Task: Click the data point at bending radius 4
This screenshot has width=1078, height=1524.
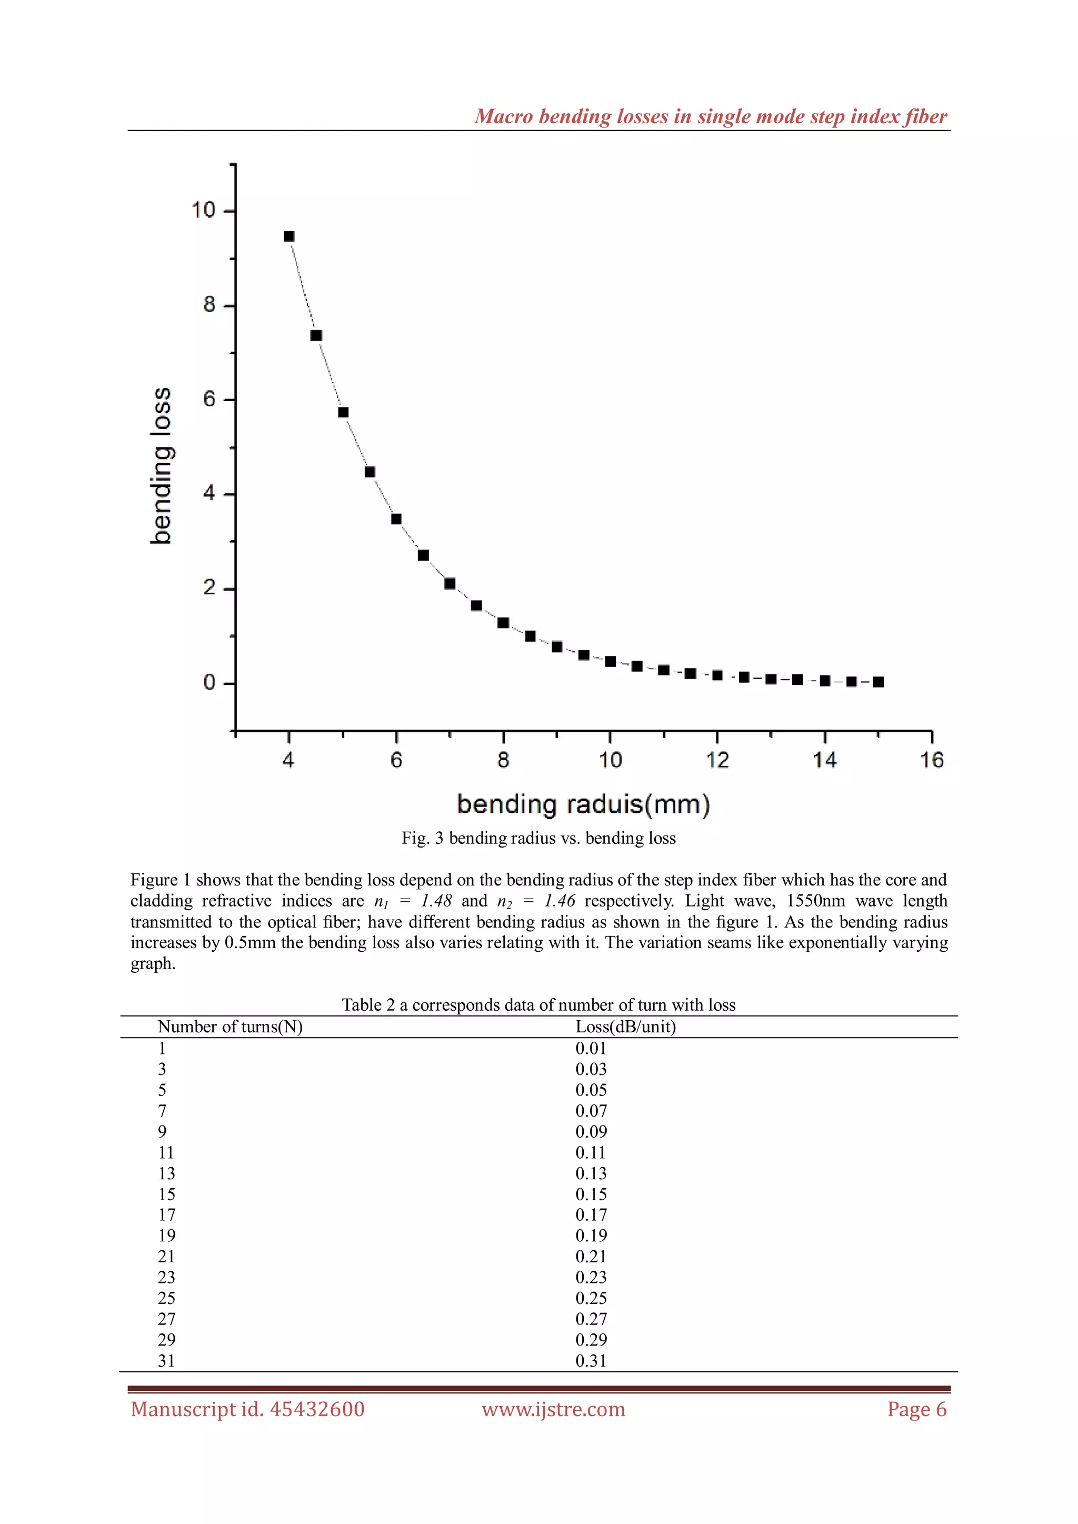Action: click(289, 236)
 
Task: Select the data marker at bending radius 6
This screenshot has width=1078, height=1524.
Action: click(396, 519)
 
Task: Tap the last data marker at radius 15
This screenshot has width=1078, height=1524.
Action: click(878, 682)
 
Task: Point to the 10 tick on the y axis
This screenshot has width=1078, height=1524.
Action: click(204, 211)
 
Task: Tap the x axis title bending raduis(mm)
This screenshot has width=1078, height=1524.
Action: click(583, 804)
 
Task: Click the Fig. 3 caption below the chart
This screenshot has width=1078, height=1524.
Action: click(538, 839)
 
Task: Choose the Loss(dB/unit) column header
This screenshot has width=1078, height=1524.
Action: click(625, 1027)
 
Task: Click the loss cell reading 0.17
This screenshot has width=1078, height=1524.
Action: click(591, 1214)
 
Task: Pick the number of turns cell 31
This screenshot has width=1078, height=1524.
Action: click(167, 1361)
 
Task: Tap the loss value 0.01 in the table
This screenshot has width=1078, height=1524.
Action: click(591, 1048)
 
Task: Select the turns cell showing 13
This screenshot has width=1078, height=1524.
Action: click(167, 1173)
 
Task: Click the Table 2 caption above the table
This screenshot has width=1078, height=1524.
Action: click(538, 1005)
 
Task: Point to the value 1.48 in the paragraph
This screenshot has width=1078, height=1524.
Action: click(436, 901)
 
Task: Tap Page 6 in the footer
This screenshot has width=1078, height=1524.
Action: click(917, 1409)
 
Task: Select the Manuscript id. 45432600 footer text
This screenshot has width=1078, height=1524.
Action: click(247, 1409)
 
